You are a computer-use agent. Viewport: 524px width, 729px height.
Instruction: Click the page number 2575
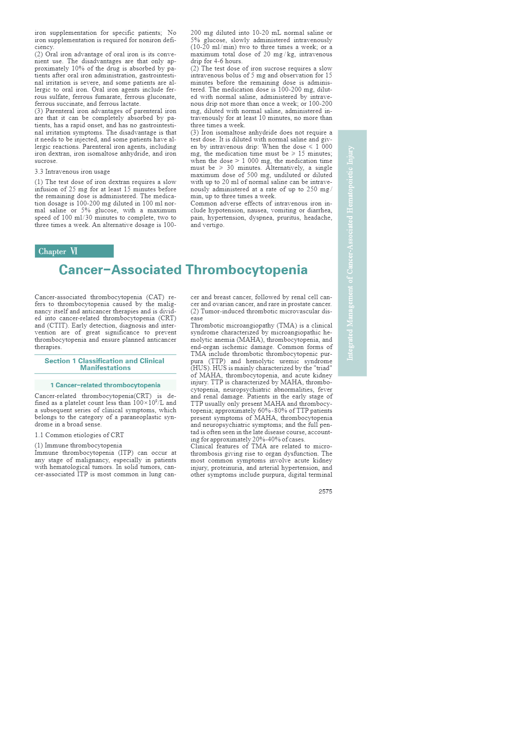(325, 491)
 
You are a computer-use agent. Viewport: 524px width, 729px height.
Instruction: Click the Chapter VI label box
(74, 251)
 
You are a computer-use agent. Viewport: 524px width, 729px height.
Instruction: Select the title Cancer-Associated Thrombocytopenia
(183, 270)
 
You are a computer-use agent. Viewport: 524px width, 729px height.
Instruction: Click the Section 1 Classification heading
(105, 364)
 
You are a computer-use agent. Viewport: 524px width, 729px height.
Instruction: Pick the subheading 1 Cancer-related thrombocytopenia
(105, 385)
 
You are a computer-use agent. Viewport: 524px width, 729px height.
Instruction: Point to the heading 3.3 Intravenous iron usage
(72, 172)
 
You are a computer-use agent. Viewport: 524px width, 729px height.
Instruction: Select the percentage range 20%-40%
(265, 439)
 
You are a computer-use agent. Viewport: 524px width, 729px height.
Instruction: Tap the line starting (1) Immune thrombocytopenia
(78, 445)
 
